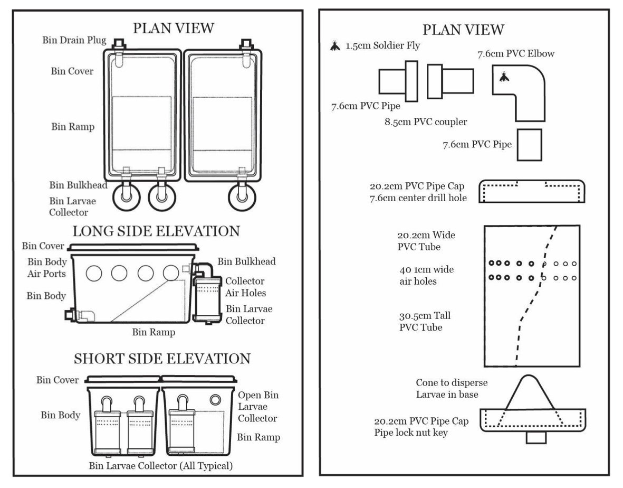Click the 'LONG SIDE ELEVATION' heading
(156, 231)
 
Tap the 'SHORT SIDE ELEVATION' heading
(162, 359)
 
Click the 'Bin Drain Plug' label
(74, 40)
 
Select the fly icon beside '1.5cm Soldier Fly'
(335, 46)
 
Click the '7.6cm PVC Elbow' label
(516, 53)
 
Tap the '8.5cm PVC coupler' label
(426, 122)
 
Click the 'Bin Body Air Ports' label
(47, 267)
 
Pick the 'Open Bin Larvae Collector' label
(258, 407)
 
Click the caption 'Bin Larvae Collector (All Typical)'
(161, 466)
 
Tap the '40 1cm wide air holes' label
(426, 275)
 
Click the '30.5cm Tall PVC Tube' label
(425, 321)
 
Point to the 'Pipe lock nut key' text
(410, 433)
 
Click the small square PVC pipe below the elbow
(529, 144)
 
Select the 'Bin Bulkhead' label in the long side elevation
(247, 261)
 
